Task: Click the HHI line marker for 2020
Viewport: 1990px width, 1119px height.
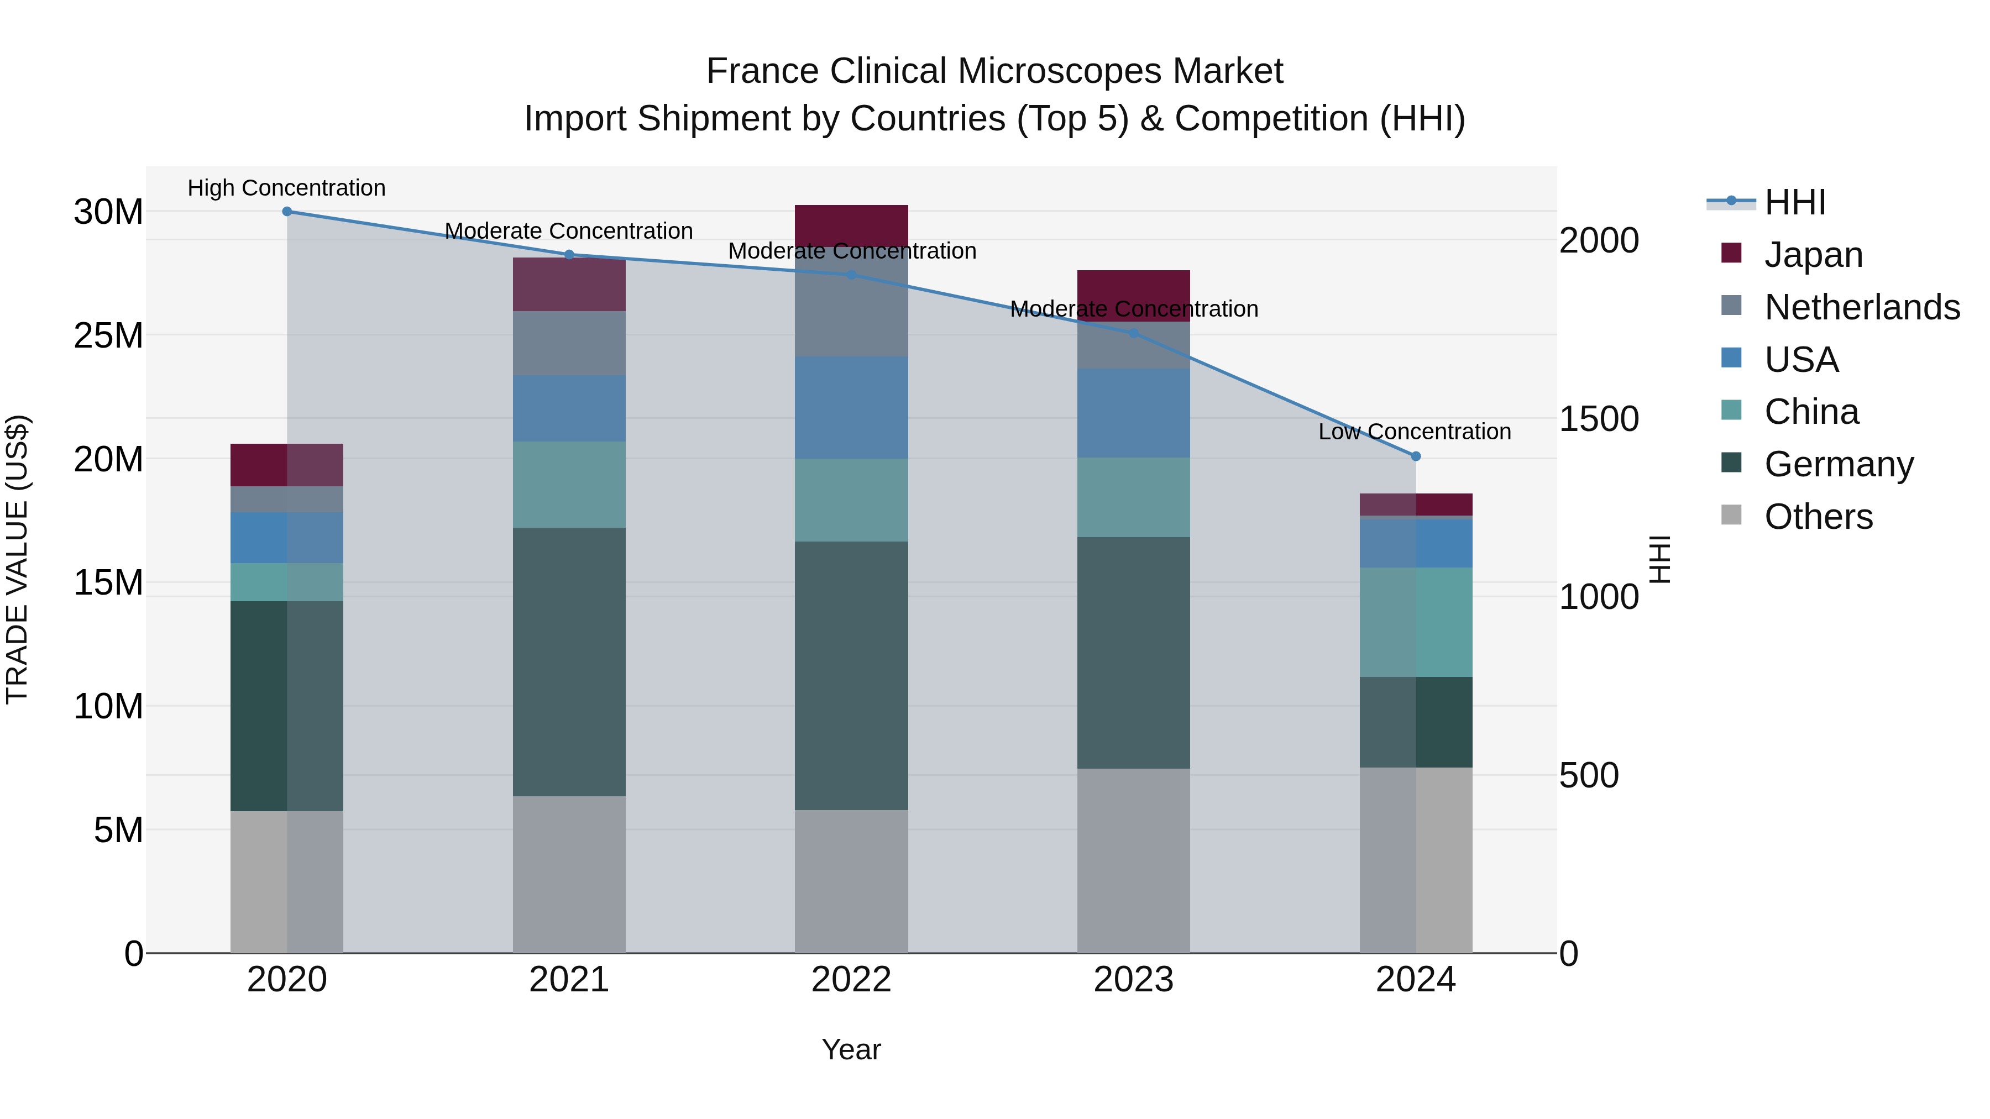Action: (x=286, y=212)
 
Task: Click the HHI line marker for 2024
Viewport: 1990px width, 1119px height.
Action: (x=1415, y=456)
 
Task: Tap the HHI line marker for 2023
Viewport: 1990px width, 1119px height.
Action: (x=1133, y=334)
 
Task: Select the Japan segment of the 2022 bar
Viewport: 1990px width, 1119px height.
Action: (x=851, y=225)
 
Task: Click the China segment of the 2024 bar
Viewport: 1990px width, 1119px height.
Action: (x=1415, y=622)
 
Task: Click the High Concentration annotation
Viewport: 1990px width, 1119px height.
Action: (x=286, y=188)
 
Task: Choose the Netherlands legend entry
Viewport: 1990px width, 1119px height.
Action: (x=1862, y=307)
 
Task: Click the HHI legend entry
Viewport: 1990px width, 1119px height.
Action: (x=1794, y=202)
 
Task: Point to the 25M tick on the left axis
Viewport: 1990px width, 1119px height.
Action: (x=108, y=336)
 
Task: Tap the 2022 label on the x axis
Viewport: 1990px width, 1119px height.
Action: (x=851, y=980)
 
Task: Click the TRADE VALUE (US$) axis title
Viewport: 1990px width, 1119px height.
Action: (x=17, y=559)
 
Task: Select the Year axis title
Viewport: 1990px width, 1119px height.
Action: (x=851, y=1049)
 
